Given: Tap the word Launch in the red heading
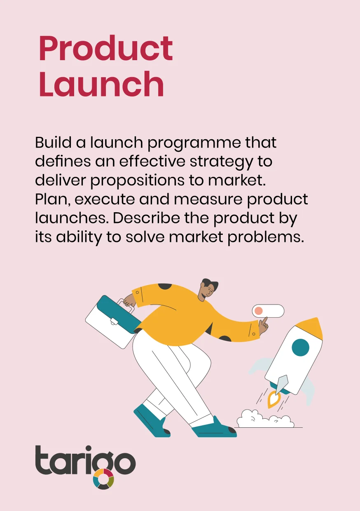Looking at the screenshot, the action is (101, 84).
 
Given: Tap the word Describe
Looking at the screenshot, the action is (146, 218).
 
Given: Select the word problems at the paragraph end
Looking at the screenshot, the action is (266, 238).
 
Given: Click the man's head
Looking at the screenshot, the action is (208, 289).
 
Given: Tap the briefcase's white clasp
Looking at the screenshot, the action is (114, 322).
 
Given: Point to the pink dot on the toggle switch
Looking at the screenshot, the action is (258, 311).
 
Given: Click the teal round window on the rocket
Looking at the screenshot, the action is (301, 347).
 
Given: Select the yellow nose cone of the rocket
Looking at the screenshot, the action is (311, 327).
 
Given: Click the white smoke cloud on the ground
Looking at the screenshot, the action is (265, 419).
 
